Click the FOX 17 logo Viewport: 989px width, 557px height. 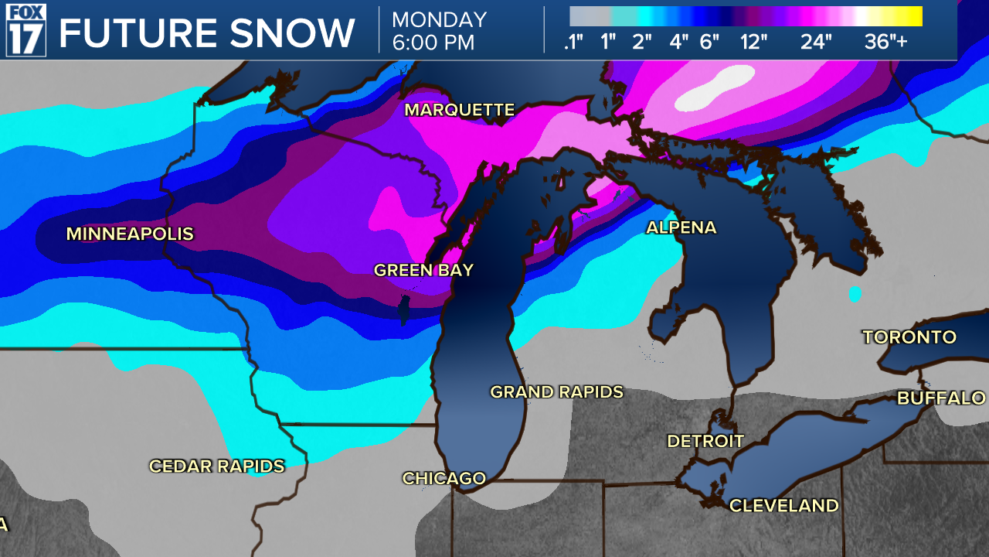coord(26,30)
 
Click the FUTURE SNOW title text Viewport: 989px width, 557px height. coord(207,33)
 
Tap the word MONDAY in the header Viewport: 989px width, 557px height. coord(439,19)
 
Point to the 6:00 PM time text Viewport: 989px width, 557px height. coord(433,43)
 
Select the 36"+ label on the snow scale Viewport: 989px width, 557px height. coord(886,42)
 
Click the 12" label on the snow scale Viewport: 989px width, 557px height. coord(753,42)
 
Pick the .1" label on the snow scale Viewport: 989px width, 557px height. coord(573,42)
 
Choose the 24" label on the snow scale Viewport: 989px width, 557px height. coord(816,42)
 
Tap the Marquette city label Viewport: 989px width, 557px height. coord(460,111)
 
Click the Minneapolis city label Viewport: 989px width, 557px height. coord(130,234)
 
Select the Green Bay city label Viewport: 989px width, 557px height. coord(423,270)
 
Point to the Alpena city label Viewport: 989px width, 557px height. coord(681,227)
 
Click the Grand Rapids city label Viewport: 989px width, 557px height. coord(556,392)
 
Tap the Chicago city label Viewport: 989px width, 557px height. coord(444,479)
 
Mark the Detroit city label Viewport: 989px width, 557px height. coord(705,441)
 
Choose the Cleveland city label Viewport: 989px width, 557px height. coord(784,506)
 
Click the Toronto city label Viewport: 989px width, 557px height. coord(909,337)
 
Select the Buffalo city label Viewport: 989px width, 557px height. coord(941,398)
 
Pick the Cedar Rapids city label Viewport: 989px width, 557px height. coord(217,466)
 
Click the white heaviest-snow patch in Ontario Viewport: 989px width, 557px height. coord(715,87)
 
